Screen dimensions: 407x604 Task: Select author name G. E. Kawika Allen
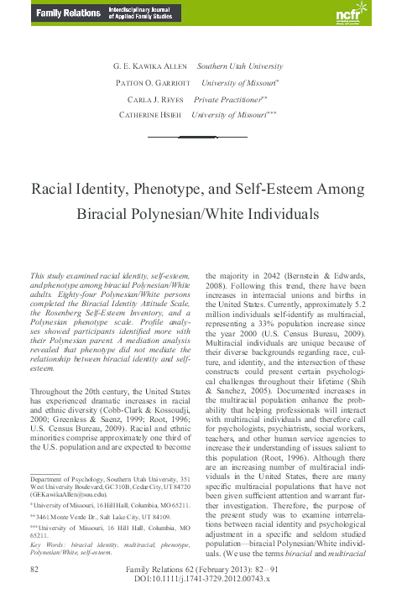tap(149, 66)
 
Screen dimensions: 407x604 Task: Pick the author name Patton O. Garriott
tap(145, 83)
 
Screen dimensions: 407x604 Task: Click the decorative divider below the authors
tap(203, 134)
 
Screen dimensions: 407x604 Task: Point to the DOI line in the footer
tap(203, 581)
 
